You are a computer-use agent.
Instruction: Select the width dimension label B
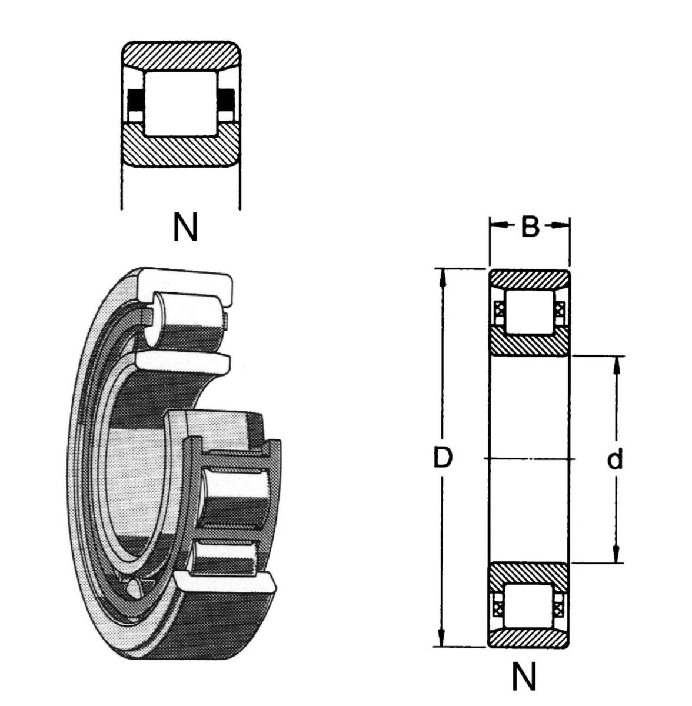coord(530,227)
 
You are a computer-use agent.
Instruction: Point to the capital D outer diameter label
coord(443,458)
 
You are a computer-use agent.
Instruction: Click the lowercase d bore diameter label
coord(615,459)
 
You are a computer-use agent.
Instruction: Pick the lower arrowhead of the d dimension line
coord(616,556)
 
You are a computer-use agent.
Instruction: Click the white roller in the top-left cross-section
coord(181,104)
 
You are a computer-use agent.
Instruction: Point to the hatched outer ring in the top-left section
coord(181,56)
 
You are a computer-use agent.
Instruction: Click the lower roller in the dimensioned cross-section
coord(528,606)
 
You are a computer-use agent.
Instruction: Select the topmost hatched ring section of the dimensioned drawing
coord(529,279)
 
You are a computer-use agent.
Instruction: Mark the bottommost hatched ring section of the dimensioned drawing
coord(529,638)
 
